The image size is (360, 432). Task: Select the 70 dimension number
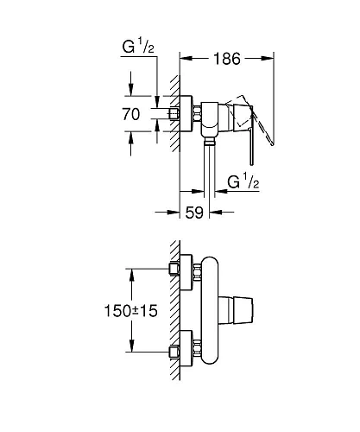tap(130, 112)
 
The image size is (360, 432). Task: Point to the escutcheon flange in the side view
tap(198, 114)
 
